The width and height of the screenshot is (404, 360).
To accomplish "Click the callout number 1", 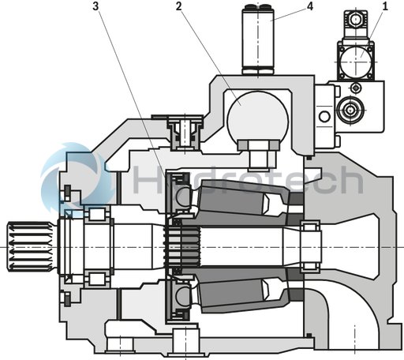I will (x=385, y=7).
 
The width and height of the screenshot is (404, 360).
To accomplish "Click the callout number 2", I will (x=179, y=7).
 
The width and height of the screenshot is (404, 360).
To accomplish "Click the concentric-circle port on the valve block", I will (x=350, y=109).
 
